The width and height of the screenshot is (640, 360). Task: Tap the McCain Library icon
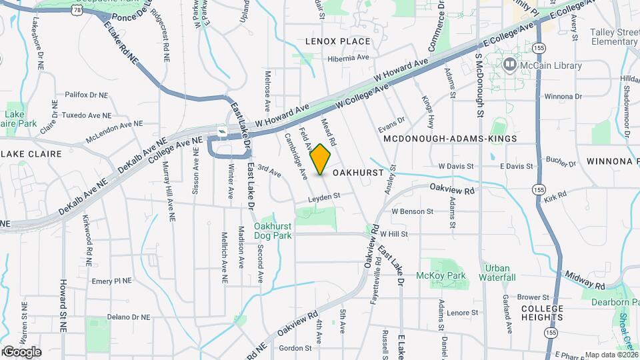click(x=510, y=65)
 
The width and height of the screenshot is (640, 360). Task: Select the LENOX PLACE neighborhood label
click(x=337, y=41)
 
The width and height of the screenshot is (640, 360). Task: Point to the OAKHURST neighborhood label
click(x=358, y=172)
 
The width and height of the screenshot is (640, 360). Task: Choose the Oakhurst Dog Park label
click(x=273, y=231)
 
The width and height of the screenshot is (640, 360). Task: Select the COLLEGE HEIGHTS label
click(x=542, y=313)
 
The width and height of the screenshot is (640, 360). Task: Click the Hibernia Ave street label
click(x=348, y=58)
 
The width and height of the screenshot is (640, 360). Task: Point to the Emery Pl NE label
click(x=112, y=281)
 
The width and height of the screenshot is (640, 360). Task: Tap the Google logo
click(x=21, y=352)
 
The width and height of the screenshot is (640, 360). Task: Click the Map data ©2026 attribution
click(x=611, y=355)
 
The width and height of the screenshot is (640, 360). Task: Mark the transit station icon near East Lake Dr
click(x=222, y=131)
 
